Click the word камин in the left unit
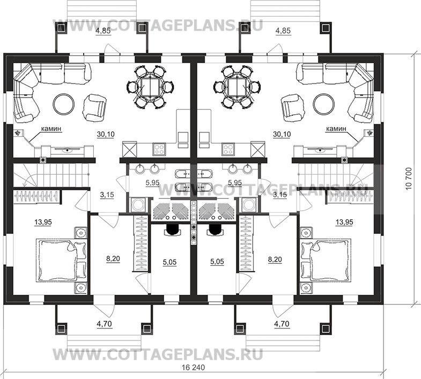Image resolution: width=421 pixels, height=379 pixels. tap(51, 129)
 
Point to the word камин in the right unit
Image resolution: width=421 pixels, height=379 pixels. tap(336, 129)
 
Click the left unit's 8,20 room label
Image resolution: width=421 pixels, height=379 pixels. tap(113, 258)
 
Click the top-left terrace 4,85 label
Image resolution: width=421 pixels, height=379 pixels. tap(104, 31)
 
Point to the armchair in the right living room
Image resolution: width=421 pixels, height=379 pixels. tap(292, 107)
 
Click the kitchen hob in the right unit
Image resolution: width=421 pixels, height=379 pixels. tap(227, 147)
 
